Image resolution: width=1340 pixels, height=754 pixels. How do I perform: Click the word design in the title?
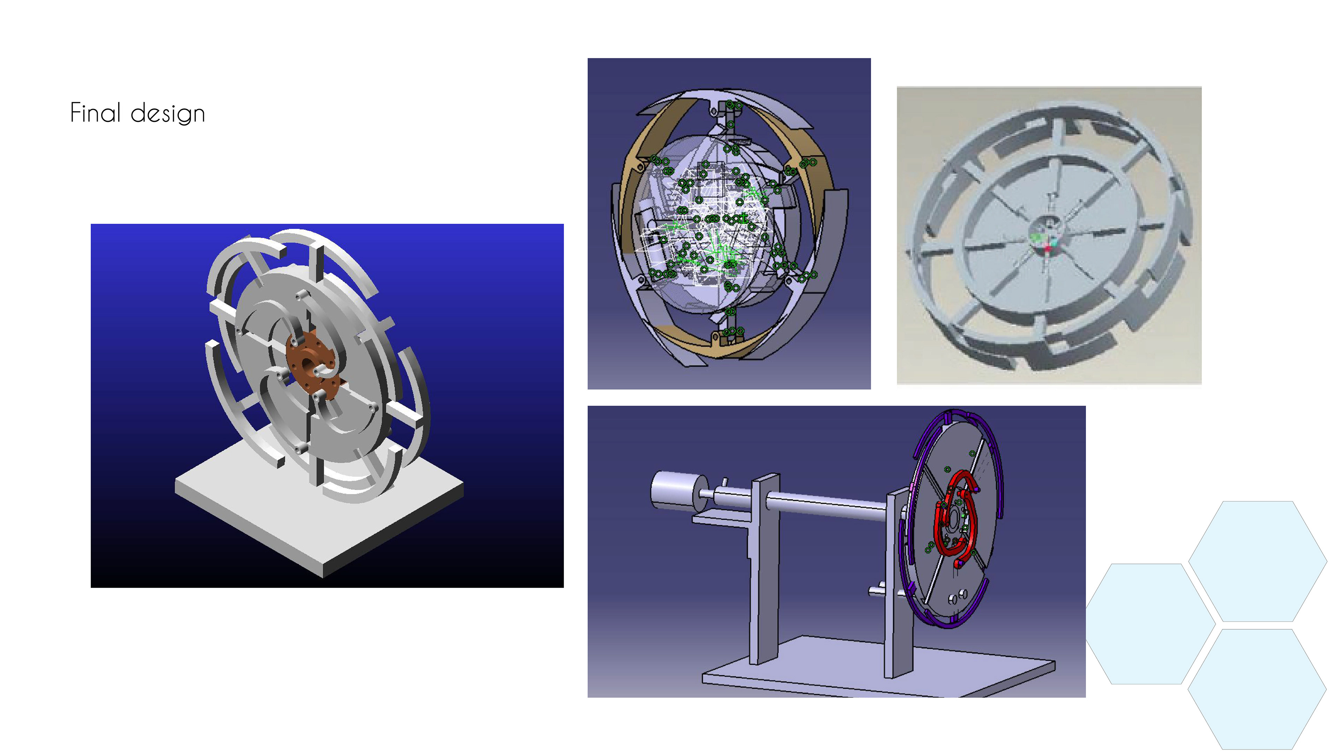(167, 114)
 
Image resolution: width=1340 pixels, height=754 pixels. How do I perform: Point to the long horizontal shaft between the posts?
(827, 505)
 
